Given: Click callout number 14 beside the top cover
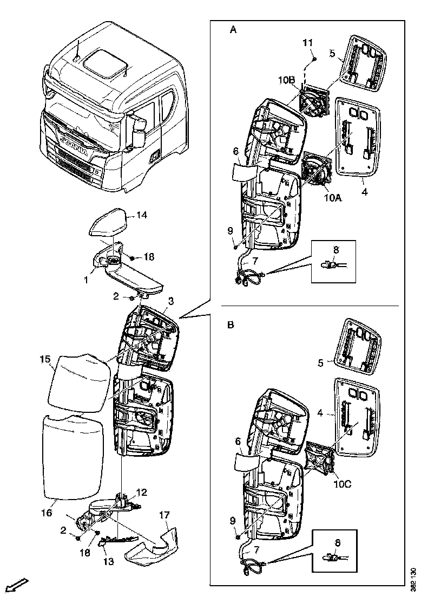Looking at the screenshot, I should click(x=141, y=215).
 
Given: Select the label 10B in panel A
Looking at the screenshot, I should click(x=286, y=80).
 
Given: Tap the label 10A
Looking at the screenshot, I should click(x=333, y=198).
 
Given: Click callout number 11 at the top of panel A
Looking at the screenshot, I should click(x=307, y=42).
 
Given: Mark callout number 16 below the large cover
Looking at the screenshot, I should click(x=47, y=512).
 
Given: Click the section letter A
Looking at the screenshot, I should click(x=233, y=30).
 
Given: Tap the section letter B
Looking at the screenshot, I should click(x=231, y=325).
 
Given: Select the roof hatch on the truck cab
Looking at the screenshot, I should click(x=101, y=61).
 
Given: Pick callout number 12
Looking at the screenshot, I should click(x=141, y=493).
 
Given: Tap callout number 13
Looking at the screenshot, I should click(x=108, y=561).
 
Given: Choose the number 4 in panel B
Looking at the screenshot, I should click(x=320, y=413).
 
